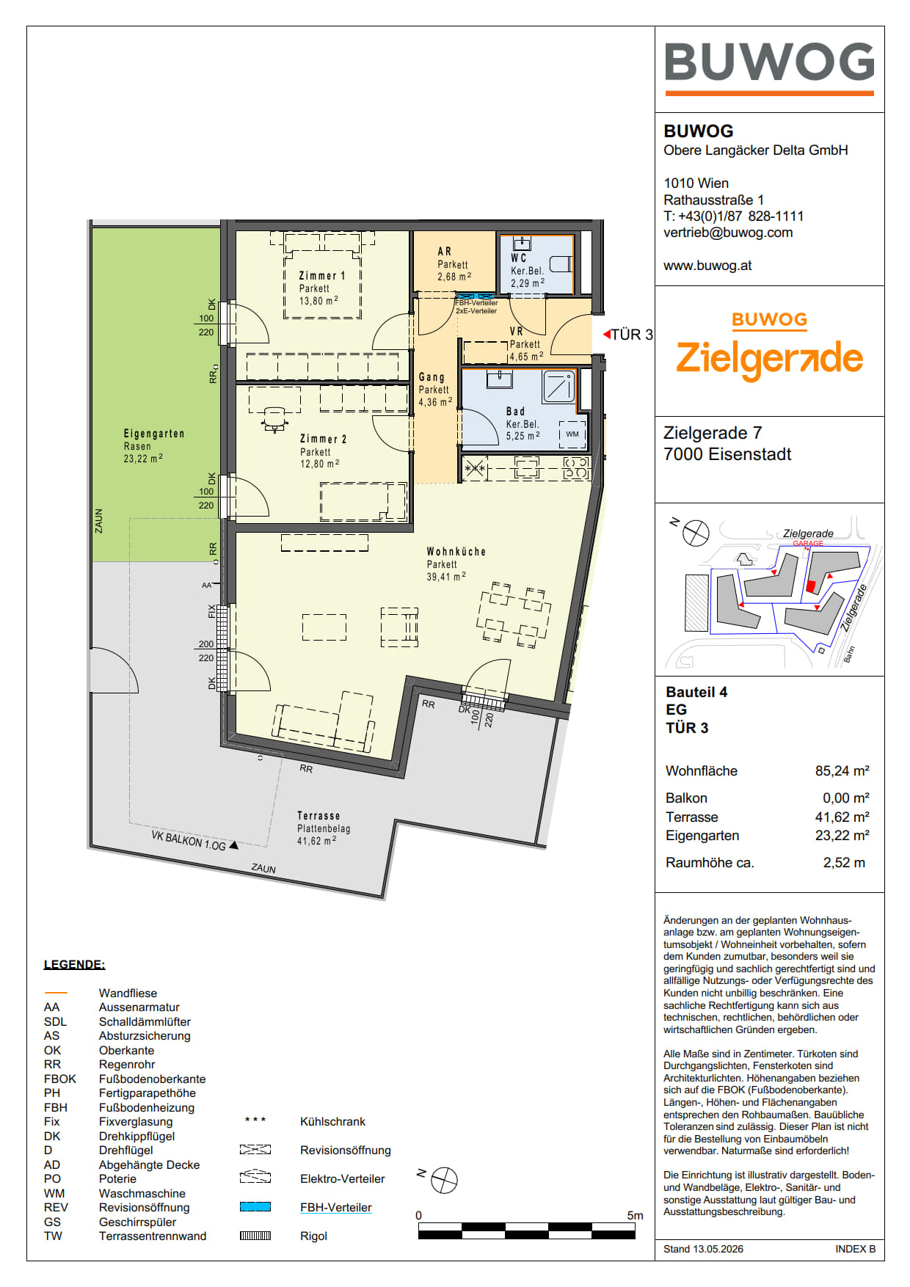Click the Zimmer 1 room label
pyautogui.click(x=321, y=276)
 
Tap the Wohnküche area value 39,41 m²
pyautogui.click(x=446, y=577)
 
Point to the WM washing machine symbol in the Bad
pyautogui.click(x=572, y=434)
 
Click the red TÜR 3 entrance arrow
pyautogui.click(x=607, y=335)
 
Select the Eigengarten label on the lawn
pyautogui.click(x=154, y=434)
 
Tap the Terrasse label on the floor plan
pyautogui.click(x=318, y=815)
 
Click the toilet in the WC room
pyautogui.click(x=561, y=263)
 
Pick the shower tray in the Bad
pyautogui.click(x=559, y=387)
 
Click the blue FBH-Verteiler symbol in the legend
pyautogui.click(x=255, y=1207)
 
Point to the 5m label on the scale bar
pyautogui.click(x=635, y=1216)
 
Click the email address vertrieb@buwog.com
pyautogui.click(x=728, y=233)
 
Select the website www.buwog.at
pyautogui.click(x=707, y=266)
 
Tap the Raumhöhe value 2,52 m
pyautogui.click(x=844, y=863)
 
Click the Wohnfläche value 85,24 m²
pyautogui.click(x=842, y=771)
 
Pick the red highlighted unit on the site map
pyautogui.click(x=811, y=586)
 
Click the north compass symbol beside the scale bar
pyautogui.click(x=444, y=1181)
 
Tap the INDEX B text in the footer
pyautogui.click(x=855, y=1249)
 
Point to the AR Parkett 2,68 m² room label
pyautogui.click(x=454, y=264)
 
